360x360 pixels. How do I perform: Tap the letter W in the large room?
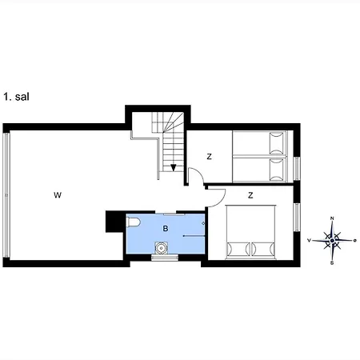click(x=57, y=194)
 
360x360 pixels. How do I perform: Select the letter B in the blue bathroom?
click(x=166, y=229)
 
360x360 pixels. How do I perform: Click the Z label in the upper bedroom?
click(x=209, y=157)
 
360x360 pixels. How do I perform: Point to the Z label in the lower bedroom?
click(x=250, y=194)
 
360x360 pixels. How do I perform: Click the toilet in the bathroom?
click(x=135, y=222)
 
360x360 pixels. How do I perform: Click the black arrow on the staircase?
click(x=174, y=166)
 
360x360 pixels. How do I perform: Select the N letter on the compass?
click(x=332, y=219)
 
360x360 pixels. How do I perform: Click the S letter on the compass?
click(x=332, y=262)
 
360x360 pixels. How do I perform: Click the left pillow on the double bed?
click(x=238, y=248)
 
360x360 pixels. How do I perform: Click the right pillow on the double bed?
click(x=262, y=248)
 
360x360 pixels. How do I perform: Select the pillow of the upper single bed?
click(x=277, y=144)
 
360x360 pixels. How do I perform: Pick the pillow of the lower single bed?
click(x=277, y=169)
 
